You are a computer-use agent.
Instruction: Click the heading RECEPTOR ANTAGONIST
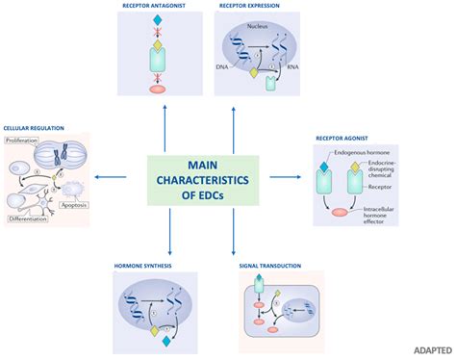click(x=155, y=7)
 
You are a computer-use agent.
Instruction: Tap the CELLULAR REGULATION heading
click(x=36, y=127)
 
